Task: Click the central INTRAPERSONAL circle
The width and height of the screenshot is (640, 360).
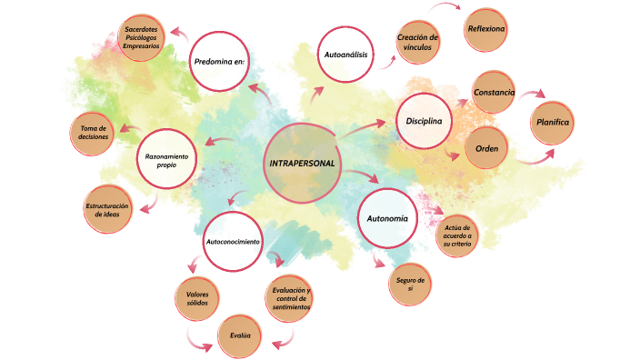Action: pos(303,164)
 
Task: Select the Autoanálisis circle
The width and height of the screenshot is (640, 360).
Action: pos(345,55)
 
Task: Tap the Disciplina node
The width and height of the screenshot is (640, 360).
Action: pos(425,121)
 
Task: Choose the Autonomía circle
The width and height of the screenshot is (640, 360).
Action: pos(387,219)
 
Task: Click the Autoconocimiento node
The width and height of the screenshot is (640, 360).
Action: pos(233,242)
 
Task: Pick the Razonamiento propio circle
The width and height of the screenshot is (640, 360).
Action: pos(166,159)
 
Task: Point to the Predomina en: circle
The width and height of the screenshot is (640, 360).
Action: pos(219,62)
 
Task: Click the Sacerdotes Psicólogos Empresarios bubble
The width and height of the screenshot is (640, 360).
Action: pos(144,37)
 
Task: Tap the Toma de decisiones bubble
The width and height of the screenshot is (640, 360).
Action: pos(94,133)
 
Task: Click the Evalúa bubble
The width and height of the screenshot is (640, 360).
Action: pos(241,337)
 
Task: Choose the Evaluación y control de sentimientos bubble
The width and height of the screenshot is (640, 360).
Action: pos(292,299)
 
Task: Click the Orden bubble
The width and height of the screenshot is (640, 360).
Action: pos(487,147)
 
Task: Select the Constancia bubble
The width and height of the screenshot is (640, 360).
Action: pos(495,93)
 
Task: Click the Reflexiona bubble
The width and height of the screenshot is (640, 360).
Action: pos(486,29)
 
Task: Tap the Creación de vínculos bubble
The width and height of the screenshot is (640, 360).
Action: pos(418,43)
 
